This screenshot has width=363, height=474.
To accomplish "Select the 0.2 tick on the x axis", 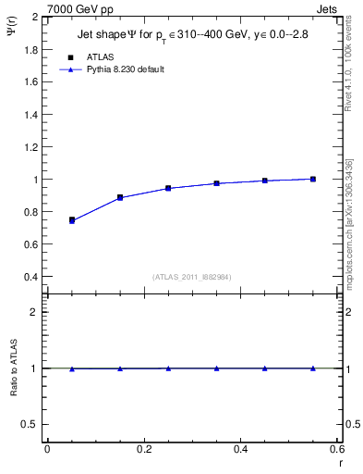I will click(x=143, y=449).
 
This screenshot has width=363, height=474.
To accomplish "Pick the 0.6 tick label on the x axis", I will click(x=336, y=449).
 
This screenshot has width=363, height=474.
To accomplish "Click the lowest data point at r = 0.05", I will click(x=71, y=220).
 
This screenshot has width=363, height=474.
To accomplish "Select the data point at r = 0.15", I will click(x=120, y=197).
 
